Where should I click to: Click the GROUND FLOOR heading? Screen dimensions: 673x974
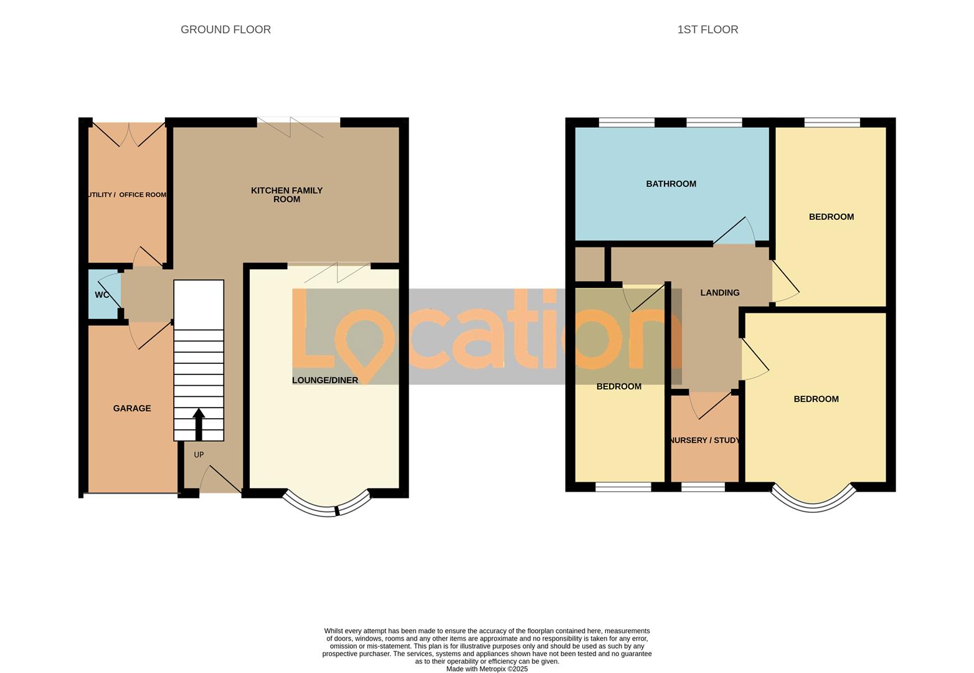point(225,29)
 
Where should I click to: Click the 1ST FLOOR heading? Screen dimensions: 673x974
point(707,29)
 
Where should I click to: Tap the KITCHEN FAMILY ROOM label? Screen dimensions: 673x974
point(286,194)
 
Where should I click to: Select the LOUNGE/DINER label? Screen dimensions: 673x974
point(325,380)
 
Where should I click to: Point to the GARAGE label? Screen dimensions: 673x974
point(132,408)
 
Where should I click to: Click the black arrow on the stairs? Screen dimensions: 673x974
point(199,424)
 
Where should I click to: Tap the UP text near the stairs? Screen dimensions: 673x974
point(199,455)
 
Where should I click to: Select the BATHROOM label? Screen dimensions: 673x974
point(671,184)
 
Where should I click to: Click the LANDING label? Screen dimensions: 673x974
point(720,292)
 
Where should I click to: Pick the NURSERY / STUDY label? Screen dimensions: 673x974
point(705,440)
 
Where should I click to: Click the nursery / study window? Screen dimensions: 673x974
point(703,487)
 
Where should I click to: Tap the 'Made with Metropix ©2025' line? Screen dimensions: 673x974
point(487,669)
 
